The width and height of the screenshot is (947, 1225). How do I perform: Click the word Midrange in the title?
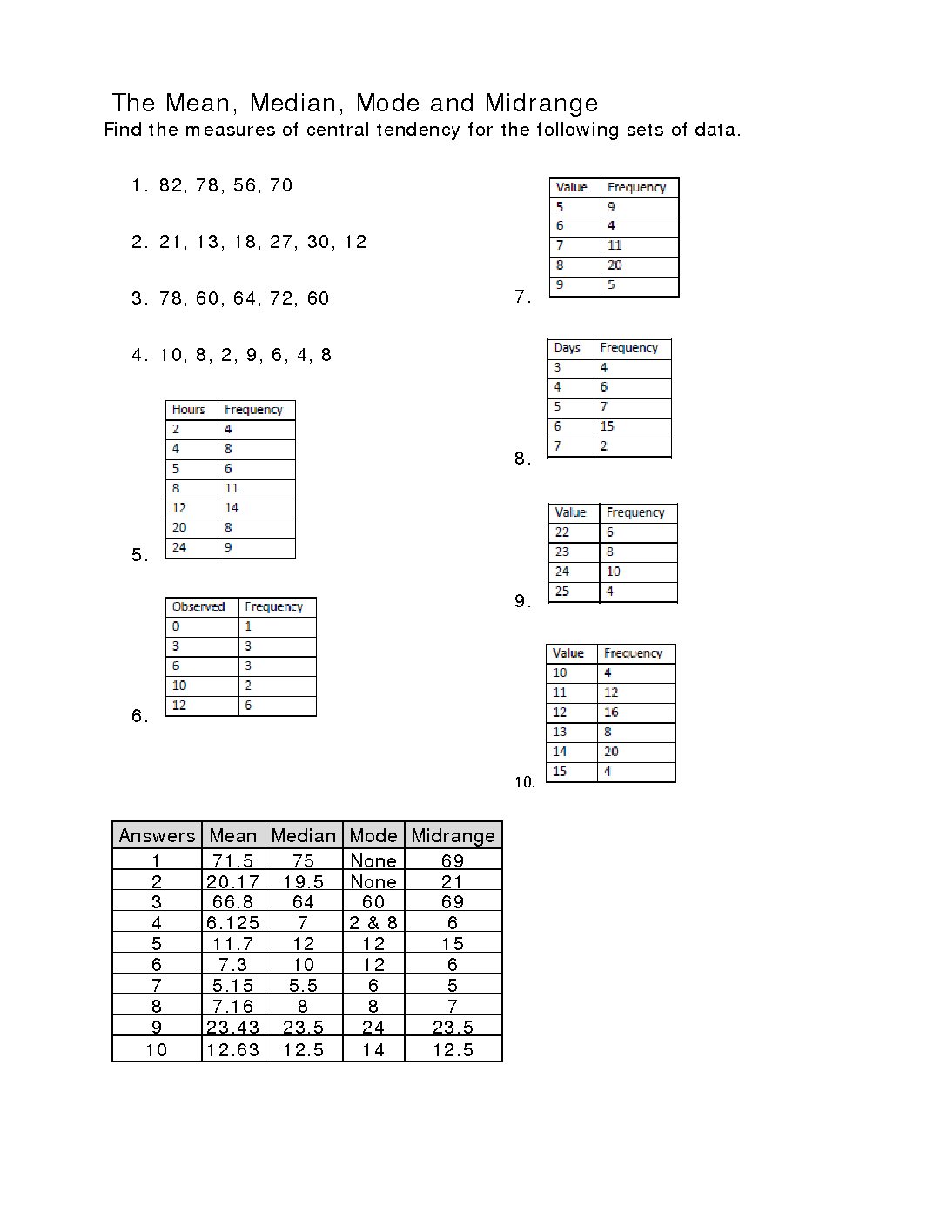[x=541, y=104]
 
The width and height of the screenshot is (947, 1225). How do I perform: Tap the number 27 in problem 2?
[x=281, y=242]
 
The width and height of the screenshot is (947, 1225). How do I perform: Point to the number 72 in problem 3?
[x=281, y=298]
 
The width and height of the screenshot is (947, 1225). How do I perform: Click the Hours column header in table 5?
[x=188, y=410]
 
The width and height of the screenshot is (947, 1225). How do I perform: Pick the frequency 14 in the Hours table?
[x=232, y=508]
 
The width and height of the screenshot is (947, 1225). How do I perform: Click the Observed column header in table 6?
[x=198, y=606]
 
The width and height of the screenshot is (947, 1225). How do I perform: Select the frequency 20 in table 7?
[x=615, y=265]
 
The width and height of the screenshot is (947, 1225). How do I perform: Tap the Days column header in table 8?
[x=567, y=348]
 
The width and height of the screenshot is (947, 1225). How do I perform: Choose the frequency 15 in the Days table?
[x=607, y=426]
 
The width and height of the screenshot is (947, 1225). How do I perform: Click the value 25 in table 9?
[x=561, y=592]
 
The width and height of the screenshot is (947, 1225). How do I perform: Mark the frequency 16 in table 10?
[x=611, y=713]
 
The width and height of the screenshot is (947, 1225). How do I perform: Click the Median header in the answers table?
[x=303, y=836]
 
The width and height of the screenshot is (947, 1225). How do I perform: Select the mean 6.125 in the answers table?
[x=232, y=923]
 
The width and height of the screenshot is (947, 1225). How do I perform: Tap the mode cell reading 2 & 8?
[x=373, y=923]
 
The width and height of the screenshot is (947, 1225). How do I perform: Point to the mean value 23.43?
[x=232, y=1028]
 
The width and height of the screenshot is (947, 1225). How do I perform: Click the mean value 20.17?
[x=232, y=882]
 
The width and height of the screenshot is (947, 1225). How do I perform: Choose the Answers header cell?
[x=157, y=836]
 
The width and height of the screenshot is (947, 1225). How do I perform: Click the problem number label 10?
[x=524, y=782]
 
